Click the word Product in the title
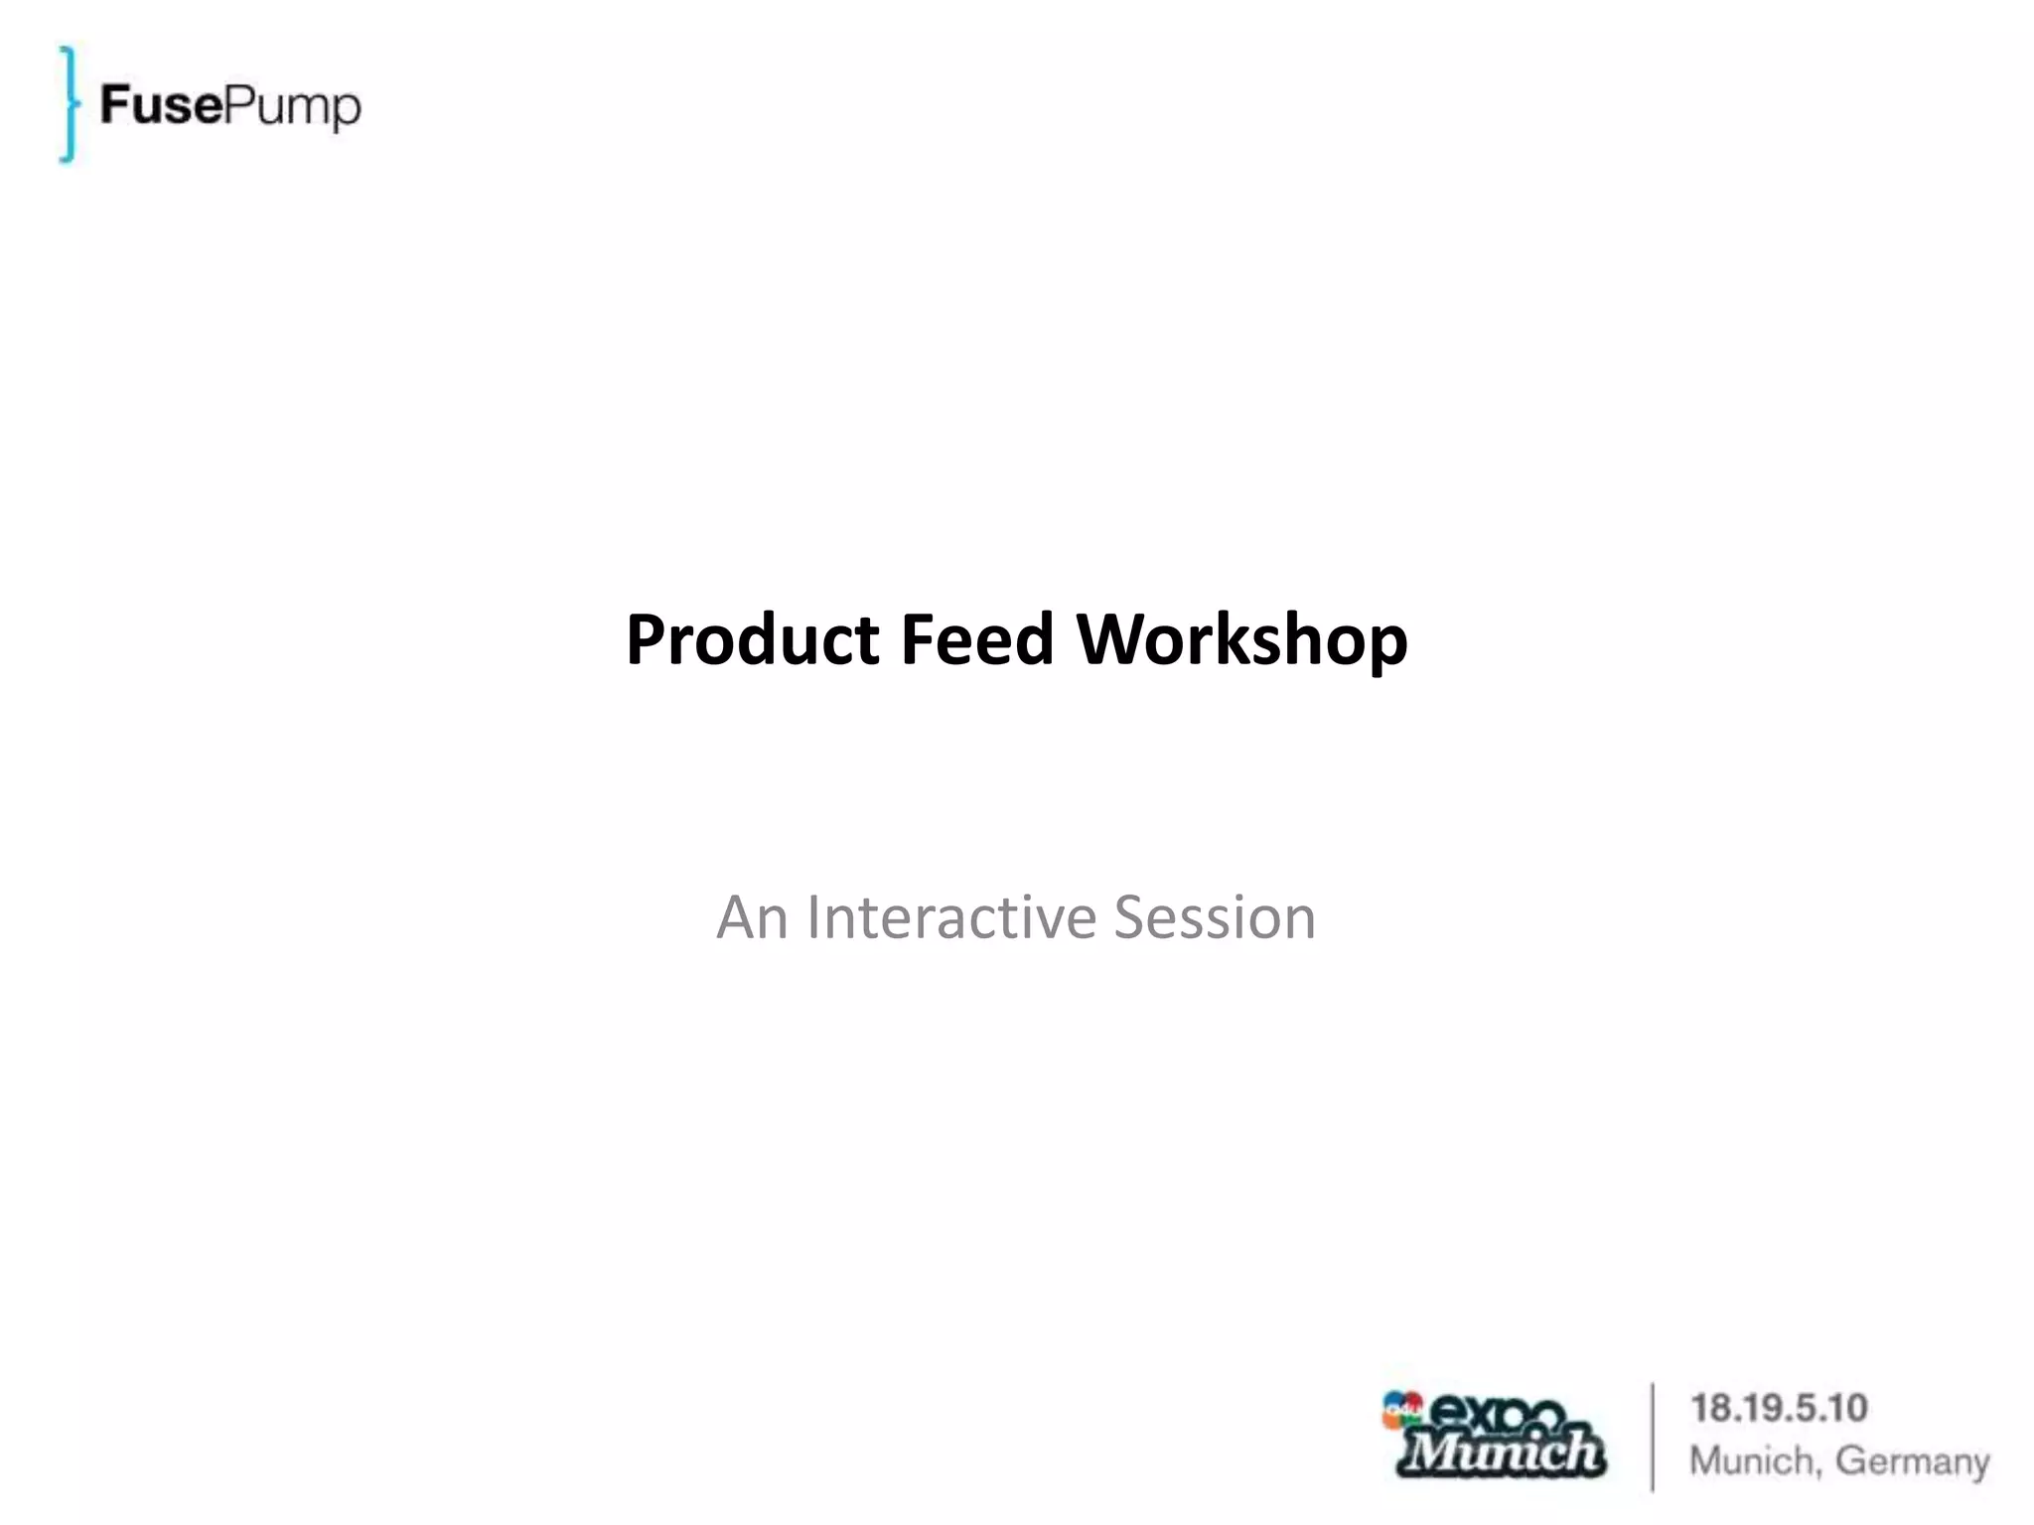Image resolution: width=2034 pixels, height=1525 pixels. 753,640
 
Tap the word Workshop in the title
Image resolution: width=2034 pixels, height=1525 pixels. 1241,640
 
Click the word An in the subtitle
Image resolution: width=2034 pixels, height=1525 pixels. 752,917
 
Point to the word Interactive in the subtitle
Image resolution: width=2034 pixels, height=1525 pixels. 950,917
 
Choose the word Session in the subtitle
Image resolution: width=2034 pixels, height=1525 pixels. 1214,917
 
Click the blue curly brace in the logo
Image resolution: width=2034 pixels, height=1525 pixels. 68,104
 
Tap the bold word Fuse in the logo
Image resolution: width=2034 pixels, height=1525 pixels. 162,104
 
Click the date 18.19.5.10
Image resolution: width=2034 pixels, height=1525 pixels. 1779,1408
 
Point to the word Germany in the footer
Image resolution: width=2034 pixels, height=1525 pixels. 1912,1461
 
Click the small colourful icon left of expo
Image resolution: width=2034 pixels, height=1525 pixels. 1402,1409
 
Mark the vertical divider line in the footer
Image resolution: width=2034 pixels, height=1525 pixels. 1653,1436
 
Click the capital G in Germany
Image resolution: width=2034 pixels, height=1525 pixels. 1853,1460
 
